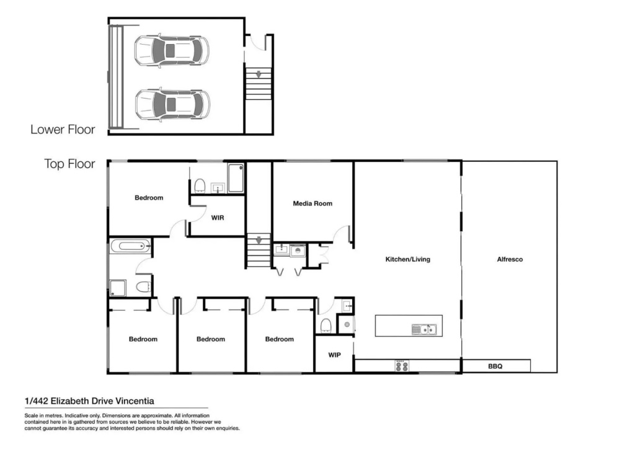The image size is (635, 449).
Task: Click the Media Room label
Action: (x=313, y=203)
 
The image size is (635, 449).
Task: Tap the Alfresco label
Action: (x=510, y=259)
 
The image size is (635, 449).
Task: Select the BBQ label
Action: (x=495, y=367)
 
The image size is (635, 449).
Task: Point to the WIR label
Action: (x=218, y=218)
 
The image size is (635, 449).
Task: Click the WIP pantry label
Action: (x=334, y=355)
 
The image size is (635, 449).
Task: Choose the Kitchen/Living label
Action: (x=408, y=259)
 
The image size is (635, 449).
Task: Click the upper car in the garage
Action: (x=172, y=51)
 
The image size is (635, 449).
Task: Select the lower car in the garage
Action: (x=172, y=104)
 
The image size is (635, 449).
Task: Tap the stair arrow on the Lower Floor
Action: (x=258, y=74)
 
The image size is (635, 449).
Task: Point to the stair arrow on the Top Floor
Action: (x=259, y=241)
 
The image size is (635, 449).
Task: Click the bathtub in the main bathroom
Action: (x=130, y=246)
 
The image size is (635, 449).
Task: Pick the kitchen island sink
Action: (x=424, y=329)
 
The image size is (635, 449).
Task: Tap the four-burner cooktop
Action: (x=402, y=366)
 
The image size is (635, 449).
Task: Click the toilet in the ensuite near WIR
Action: (x=200, y=185)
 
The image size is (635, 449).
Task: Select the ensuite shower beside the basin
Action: (x=236, y=178)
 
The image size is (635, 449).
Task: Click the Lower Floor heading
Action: (x=63, y=130)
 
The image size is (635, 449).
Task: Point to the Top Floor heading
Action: (x=69, y=164)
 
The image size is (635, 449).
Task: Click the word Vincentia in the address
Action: (x=135, y=401)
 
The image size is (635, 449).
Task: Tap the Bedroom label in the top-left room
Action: (x=149, y=198)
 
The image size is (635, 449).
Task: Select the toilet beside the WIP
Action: (x=326, y=325)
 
